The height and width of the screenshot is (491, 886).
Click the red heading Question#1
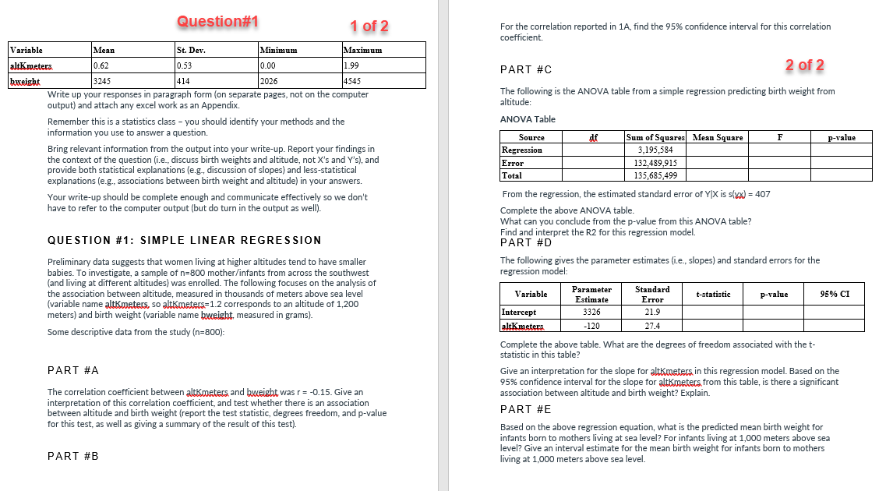tap(217, 20)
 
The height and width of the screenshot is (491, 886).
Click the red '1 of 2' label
tap(369, 26)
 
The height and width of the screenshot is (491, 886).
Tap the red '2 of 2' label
tap(805, 65)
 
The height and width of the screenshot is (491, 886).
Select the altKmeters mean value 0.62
tap(101, 65)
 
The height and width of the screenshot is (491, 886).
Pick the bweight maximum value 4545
tap(352, 80)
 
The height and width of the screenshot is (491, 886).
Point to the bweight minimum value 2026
tap(269, 80)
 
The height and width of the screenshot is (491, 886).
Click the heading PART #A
tap(73, 370)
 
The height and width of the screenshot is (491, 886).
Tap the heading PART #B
tap(73, 456)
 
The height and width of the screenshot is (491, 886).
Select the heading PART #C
tap(526, 70)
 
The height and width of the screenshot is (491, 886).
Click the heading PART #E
tap(526, 409)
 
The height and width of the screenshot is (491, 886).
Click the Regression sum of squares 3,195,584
tap(656, 150)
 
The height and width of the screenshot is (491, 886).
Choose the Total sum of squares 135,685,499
tap(656, 175)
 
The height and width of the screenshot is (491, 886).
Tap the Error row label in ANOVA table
tap(513, 163)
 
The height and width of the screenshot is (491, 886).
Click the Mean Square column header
tap(718, 137)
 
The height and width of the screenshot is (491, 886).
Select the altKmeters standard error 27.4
tap(652, 325)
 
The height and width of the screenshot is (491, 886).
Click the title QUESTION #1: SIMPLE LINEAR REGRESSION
tap(184, 240)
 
